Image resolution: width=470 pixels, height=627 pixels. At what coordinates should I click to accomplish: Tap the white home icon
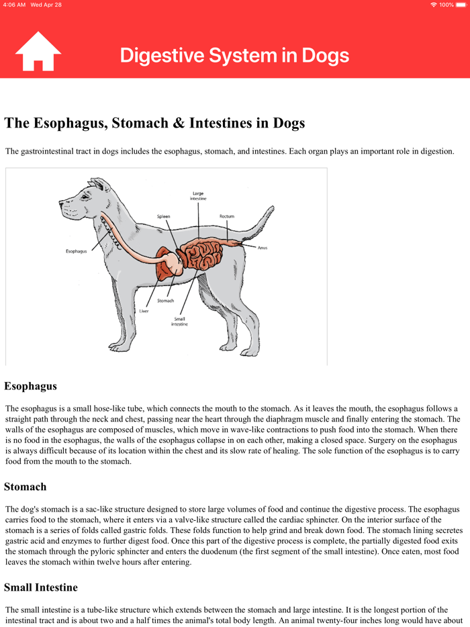38,52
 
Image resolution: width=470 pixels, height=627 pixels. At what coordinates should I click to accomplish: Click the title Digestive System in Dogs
234,55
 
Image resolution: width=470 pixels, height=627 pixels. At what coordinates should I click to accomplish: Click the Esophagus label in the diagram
76,251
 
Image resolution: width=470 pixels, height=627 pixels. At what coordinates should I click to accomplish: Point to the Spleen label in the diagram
164,216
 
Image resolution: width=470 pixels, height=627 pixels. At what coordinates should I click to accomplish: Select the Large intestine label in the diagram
198,196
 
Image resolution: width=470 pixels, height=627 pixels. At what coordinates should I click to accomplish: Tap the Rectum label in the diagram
227,216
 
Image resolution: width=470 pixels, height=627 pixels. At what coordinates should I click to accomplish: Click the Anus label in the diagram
263,248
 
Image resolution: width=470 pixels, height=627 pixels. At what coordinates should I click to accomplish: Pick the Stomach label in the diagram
166,301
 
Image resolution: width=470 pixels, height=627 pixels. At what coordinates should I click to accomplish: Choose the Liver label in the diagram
144,311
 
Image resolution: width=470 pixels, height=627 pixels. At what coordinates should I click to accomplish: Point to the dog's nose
61,204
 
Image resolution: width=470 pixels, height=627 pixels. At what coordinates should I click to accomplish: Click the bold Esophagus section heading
30,386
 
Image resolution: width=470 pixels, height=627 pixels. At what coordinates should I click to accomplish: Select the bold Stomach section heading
26,486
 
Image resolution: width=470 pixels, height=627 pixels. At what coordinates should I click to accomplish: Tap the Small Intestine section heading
41,587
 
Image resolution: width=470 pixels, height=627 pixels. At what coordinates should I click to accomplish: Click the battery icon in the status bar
461,5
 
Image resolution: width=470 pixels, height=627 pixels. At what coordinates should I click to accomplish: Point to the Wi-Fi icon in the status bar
434,5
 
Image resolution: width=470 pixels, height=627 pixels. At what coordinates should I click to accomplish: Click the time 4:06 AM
14,5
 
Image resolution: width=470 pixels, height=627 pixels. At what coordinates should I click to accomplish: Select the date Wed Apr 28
46,5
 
